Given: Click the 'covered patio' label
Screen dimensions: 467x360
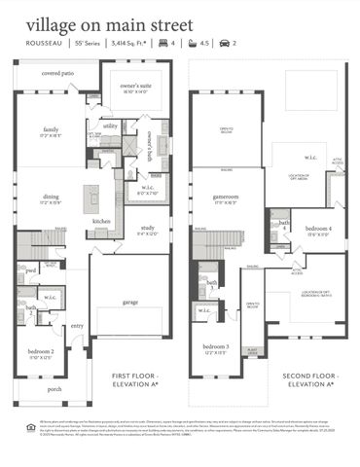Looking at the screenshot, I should click(58, 73).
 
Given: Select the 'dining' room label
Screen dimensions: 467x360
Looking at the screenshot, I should click(51, 198).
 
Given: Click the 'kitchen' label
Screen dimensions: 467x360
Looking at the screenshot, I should click(102, 221).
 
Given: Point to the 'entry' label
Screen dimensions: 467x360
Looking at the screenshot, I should click(76, 326).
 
